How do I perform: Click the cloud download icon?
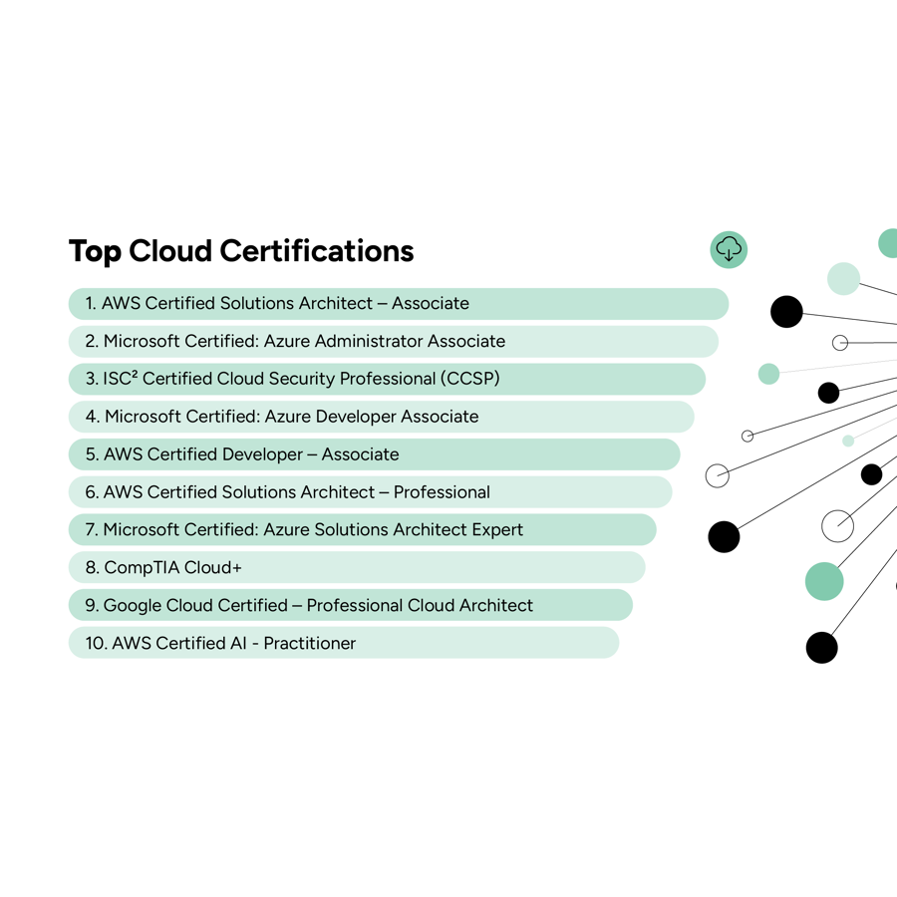pyautogui.click(x=729, y=249)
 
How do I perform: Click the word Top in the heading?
pyautogui.click(x=95, y=251)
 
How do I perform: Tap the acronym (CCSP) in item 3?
pyautogui.click(x=470, y=379)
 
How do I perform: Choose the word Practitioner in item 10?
pyautogui.click(x=310, y=644)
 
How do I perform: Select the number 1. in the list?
pyautogui.click(x=91, y=303)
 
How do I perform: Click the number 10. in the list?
pyautogui.click(x=96, y=644)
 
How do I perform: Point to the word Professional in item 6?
pyautogui.click(x=442, y=492)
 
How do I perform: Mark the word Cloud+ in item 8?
pyautogui.click(x=213, y=568)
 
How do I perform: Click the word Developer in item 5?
pyautogui.click(x=262, y=454)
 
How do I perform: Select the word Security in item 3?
pyautogui.click(x=301, y=379)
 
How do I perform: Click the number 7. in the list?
pyautogui.click(x=91, y=530)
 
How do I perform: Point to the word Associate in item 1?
pyautogui.click(x=430, y=303)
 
